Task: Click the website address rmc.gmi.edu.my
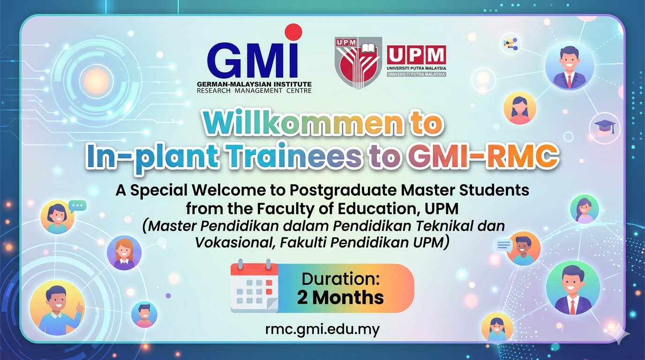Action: coord(322,329)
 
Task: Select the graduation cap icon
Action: coord(605,127)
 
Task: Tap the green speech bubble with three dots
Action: coord(77,206)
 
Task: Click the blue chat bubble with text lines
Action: coord(504,245)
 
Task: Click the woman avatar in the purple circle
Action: coord(124,253)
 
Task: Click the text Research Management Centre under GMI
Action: coord(254,91)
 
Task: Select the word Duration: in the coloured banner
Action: coord(341,279)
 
